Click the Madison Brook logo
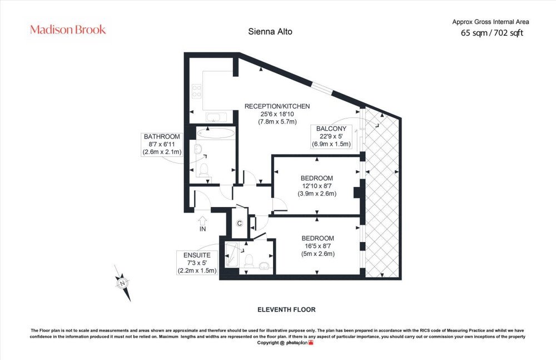68,29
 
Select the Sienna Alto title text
270,32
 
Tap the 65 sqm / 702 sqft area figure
492,33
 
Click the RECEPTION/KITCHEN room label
277,106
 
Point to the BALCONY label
331,129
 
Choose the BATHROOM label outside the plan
162,137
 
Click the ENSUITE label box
197,263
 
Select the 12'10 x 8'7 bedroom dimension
317,186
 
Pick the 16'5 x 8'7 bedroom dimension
317,246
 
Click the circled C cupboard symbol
240,223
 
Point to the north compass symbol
123,283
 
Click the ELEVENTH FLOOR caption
286,309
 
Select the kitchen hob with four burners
196,91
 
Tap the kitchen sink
216,117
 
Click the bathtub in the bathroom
216,133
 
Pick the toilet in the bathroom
203,170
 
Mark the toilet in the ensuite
249,260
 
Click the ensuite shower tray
232,254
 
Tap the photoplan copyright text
285,343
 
